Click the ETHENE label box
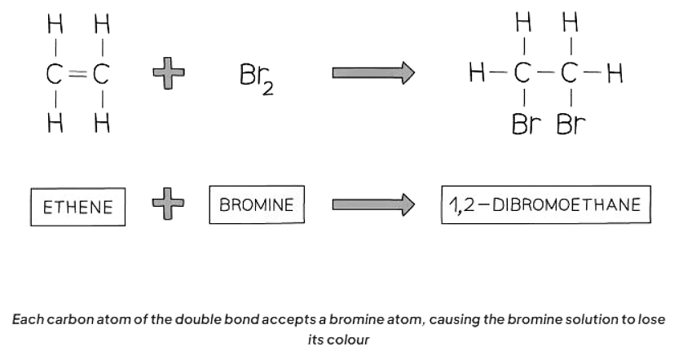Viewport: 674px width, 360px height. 78,208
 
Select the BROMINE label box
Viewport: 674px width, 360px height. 257,204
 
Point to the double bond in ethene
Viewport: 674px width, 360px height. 78,75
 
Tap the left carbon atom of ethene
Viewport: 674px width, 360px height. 55,75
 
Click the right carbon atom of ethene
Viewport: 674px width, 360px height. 102,75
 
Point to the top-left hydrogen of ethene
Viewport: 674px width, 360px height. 55,26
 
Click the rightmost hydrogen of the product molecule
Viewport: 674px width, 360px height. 615,75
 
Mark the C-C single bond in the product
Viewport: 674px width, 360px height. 548,75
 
